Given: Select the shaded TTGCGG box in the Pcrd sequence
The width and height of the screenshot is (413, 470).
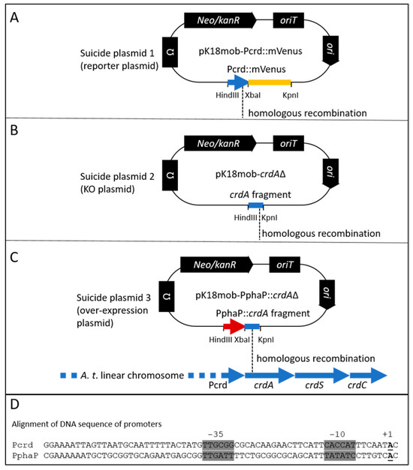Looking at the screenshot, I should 219,444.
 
